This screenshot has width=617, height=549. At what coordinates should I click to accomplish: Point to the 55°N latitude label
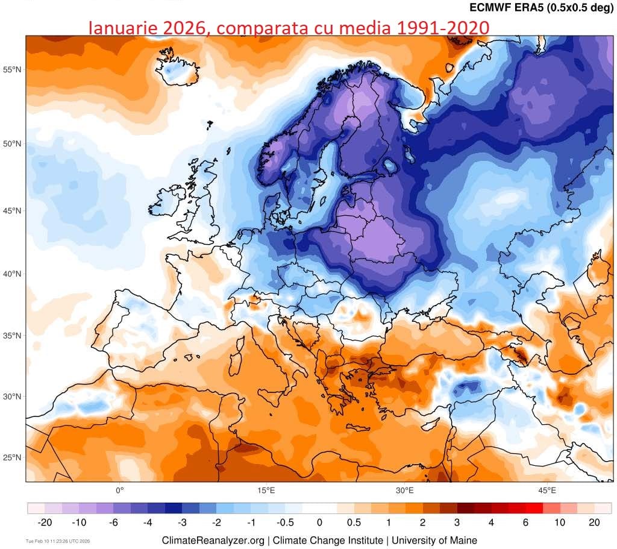coord(12,69)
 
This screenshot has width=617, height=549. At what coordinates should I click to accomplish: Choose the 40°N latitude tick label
coord(12,274)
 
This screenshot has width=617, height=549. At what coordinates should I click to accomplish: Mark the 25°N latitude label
coord(12,457)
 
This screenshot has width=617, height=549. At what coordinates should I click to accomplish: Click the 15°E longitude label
coord(266,490)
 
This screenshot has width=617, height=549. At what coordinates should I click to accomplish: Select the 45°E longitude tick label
coord(547,490)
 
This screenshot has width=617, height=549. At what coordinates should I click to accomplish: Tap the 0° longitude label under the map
coord(119,490)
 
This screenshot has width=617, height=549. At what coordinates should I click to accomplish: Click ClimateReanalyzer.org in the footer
coord(213,541)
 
